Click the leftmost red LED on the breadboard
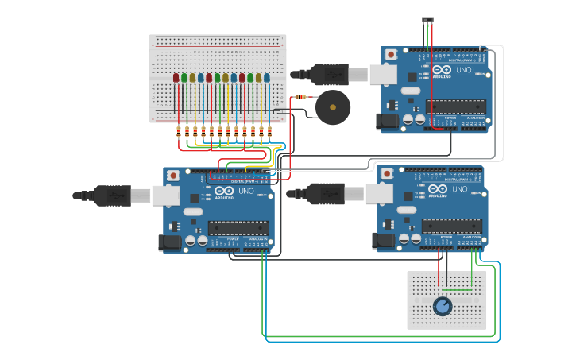point(176,78)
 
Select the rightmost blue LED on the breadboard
point(266,78)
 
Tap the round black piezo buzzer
point(331,106)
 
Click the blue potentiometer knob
point(443,305)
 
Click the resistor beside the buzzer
point(300,97)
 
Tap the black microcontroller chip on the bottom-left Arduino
point(238,227)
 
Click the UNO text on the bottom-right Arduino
point(459,189)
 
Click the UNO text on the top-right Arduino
point(463,70)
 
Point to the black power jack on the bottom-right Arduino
point(385,240)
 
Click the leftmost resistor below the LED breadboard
point(178,131)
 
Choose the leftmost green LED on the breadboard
point(184,78)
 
